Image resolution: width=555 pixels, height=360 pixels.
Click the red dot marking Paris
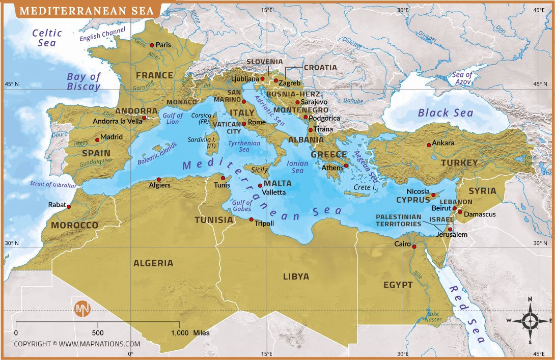[152, 45]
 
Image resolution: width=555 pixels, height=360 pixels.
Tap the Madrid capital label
[112, 137]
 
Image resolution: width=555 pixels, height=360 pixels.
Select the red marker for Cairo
[414, 247]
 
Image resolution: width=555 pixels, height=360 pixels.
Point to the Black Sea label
[446, 113]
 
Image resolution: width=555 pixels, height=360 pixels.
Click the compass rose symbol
[530, 321]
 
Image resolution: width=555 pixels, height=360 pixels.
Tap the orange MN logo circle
[82, 309]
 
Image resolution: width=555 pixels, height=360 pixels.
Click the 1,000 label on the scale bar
[180, 333]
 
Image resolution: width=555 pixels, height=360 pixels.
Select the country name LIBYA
[296, 276]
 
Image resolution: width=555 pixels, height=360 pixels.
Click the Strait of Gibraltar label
[52, 185]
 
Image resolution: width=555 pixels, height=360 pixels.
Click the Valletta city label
[274, 192]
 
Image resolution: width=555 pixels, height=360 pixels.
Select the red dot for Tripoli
[252, 219]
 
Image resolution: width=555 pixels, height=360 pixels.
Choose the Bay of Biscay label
[84, 81]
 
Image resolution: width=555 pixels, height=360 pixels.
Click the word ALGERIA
[153, 263]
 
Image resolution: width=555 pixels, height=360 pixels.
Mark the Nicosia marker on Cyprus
[434, 195]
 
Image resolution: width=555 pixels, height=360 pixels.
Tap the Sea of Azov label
[463, 78]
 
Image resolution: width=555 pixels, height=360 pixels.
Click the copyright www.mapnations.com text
[77, 344]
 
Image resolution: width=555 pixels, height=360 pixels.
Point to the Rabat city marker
[69, 207]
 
